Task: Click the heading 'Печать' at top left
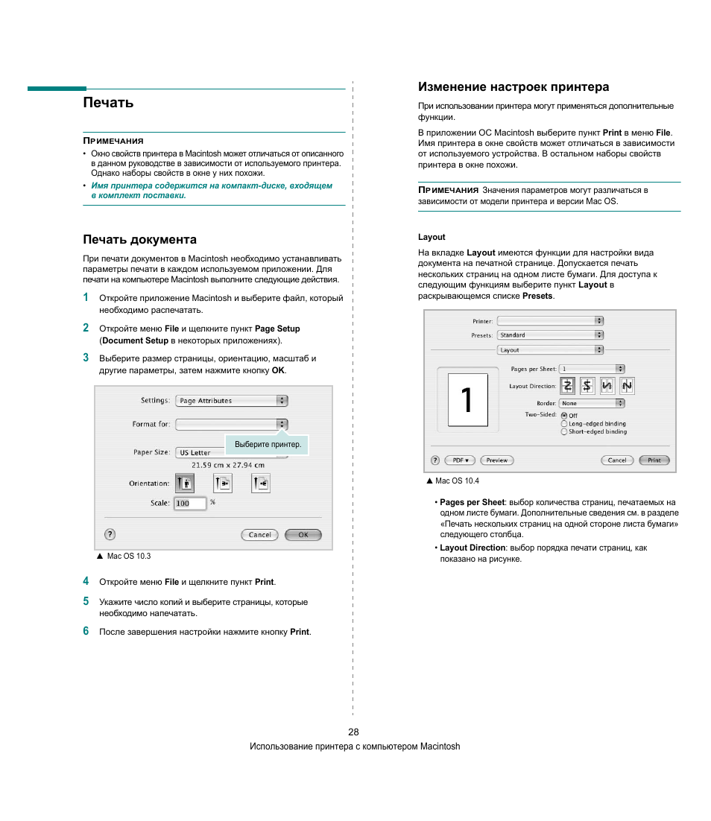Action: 109,103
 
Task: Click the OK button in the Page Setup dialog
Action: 303,535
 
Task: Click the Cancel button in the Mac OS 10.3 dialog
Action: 259,535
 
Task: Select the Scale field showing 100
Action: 189,504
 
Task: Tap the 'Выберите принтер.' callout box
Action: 267,445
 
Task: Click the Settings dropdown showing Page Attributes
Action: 231,401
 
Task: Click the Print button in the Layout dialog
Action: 654,460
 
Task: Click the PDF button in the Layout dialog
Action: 460,460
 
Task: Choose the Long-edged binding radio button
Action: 564,424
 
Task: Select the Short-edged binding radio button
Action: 564,432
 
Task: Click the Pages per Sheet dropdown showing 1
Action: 592,369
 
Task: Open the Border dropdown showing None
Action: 592,404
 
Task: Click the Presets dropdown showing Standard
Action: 550,335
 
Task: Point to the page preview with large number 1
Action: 467,400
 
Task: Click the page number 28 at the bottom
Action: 353,732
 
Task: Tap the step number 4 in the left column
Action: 86,581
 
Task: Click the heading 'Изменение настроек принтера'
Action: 513,87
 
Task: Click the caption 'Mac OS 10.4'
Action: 457,481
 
